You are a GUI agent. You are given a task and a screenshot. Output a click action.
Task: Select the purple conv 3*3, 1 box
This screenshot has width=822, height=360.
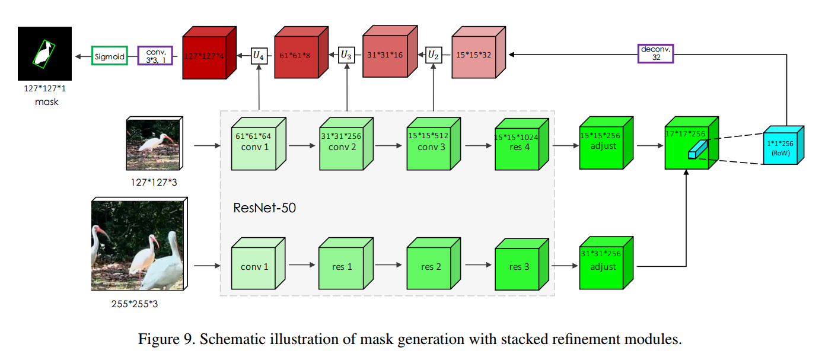[155, 56]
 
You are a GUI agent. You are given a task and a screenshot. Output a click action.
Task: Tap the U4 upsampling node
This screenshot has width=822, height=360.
[259, 56]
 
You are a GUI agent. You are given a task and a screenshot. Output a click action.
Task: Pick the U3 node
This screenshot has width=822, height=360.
[346, 56]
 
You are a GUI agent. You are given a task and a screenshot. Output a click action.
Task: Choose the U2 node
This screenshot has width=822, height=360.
[435, 56]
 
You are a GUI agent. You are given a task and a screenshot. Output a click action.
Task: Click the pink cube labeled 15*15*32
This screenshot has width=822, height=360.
[473, 56]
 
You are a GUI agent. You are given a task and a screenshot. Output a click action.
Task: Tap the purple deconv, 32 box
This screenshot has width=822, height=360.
[657, 54]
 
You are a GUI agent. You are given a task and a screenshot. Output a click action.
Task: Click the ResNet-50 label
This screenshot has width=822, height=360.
[265, 208]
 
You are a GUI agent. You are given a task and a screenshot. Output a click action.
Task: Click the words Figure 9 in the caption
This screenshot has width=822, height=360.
[159, 340]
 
